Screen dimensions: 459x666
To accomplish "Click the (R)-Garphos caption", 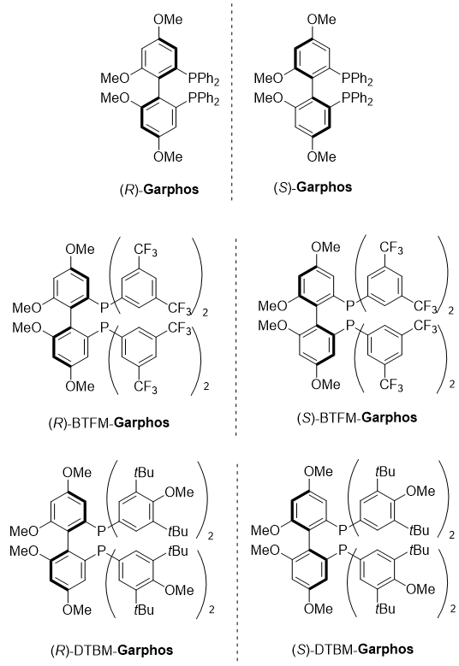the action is coord(159,189).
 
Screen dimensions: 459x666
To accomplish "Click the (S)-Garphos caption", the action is coord(313,187).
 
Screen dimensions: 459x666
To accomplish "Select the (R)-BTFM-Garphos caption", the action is coord(109,422).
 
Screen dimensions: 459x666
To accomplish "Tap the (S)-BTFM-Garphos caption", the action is coord(357,417).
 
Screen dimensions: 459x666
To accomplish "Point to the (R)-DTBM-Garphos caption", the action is coord(112,651).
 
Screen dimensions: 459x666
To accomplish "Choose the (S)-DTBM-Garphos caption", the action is coord(353,649).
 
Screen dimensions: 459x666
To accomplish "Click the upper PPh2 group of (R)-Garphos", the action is coord(204,79).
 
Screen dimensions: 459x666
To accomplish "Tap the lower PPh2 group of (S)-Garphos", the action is coord(357,99).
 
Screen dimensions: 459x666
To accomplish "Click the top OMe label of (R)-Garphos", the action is coord(168,19).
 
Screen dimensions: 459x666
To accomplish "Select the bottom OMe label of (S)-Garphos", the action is coord(322,156).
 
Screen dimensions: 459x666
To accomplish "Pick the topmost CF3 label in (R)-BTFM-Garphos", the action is coord(146,250).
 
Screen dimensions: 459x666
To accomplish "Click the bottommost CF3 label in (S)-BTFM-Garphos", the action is coord(391,385).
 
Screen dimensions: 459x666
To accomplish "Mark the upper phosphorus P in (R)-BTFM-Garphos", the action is coord(104,307).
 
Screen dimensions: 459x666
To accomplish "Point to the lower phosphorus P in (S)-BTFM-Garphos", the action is coord(349,326).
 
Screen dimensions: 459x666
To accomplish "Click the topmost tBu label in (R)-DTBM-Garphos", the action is coord(143,472).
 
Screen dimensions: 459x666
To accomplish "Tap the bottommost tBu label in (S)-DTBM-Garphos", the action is coord(385,608).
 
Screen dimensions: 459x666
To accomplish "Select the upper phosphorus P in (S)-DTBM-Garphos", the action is coord(343,529).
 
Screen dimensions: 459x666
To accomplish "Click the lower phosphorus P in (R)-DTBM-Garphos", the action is coord(101,551).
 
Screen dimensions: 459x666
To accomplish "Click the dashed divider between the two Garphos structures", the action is coord(232,100).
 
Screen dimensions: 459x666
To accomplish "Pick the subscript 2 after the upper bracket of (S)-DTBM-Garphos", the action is coord(452,535).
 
